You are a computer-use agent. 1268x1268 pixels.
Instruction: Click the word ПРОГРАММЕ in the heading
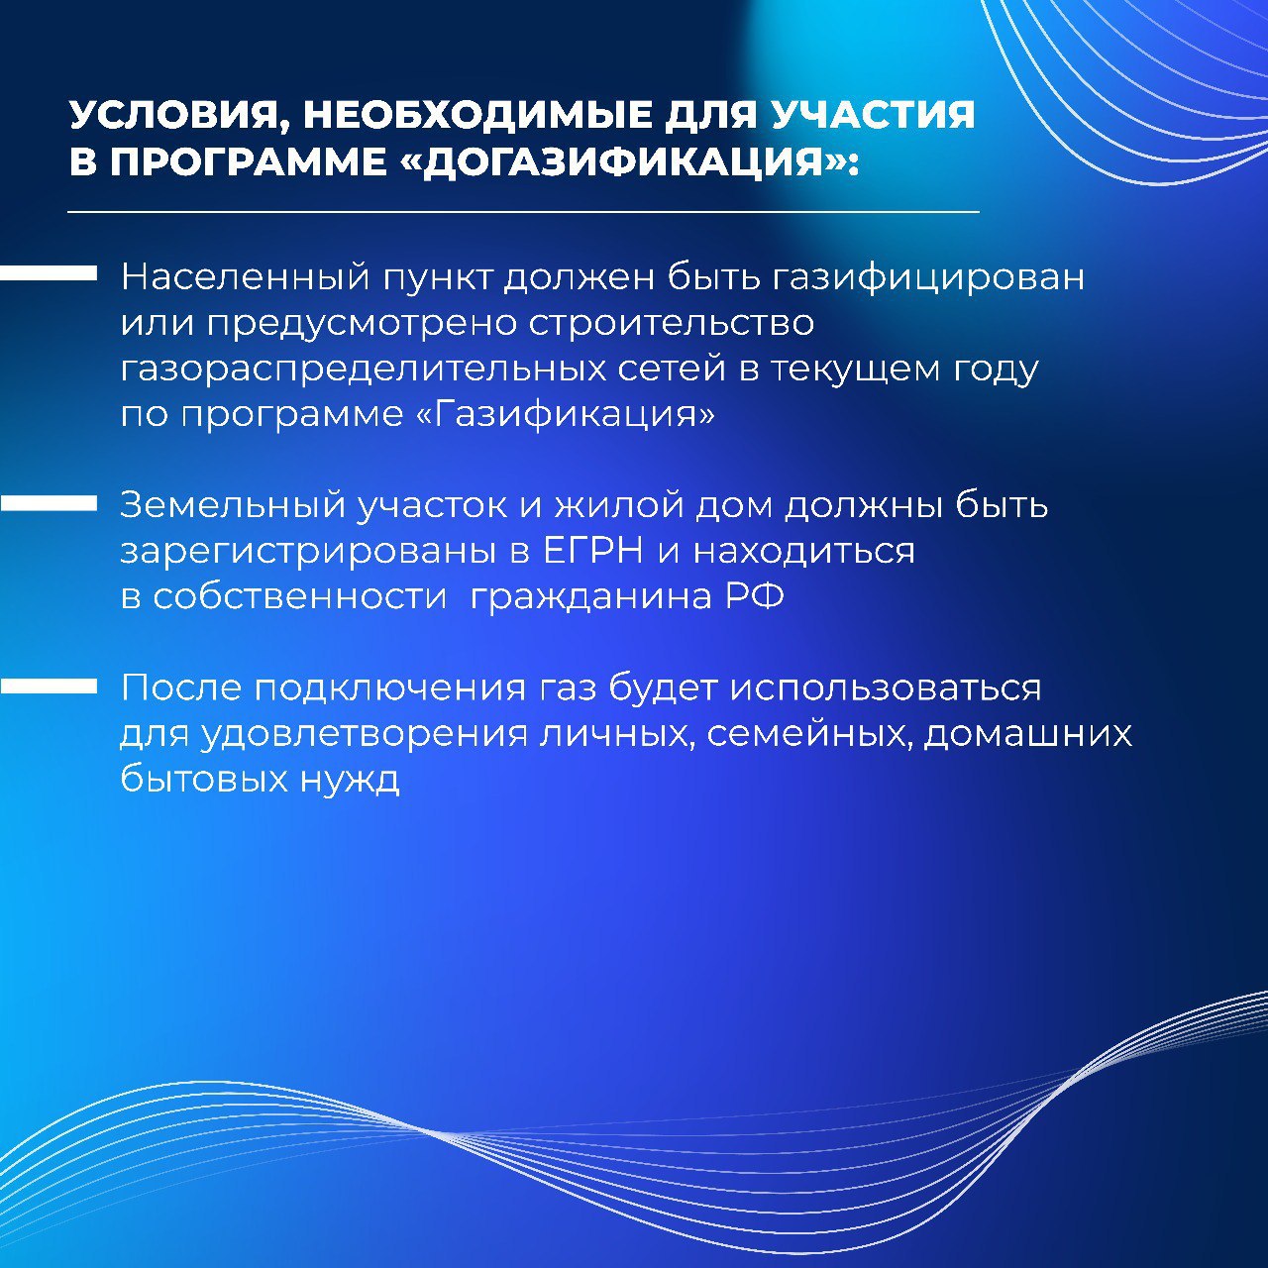pyautogui.click(x=249, y=160)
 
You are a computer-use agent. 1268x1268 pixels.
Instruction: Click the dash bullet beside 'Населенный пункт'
pyautogui.click(x=48, y=273)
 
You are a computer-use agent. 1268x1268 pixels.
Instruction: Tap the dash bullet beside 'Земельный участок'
pyautogui.click(x=48, y=502)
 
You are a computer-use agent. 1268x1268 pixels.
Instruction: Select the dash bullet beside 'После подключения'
pyautogui.click(x=48, y=686)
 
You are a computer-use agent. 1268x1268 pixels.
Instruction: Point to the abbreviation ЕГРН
pyautogui.click(x=592, y=552)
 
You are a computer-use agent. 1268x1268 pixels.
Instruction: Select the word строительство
pyautogui.click(x=672, y=324)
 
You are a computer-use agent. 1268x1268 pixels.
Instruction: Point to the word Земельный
pyautogui.click(x=233, y=506)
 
